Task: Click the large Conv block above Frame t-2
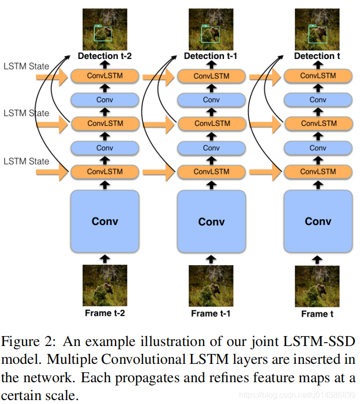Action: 105,221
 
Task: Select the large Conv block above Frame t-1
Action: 211,221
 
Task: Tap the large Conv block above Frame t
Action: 318,221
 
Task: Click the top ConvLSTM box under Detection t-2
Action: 105,76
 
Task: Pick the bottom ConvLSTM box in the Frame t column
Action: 318,172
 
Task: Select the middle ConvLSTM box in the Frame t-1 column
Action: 212,123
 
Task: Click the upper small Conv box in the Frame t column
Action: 318,100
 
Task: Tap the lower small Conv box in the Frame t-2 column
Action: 105,148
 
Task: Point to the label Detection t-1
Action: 211,56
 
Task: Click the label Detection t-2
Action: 105,56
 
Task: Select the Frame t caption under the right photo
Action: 317,314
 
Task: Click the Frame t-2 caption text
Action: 105,313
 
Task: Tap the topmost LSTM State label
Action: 26,66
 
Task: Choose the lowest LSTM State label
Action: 26,161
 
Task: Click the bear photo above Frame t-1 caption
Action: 211,286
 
